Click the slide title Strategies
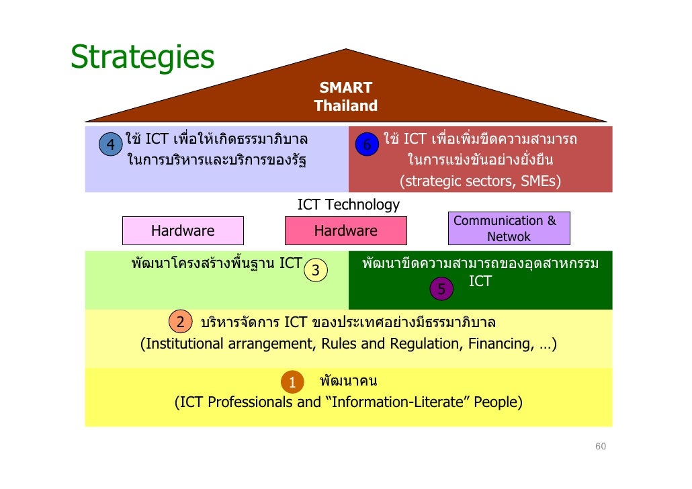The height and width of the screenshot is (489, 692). tap(142, 59)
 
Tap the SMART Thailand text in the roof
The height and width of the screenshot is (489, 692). tap(345, 97)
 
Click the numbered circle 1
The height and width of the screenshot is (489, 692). tap(292, 382)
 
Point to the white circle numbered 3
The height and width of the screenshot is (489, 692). tap(316, 271)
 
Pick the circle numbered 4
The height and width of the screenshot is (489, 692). tap(110, 144)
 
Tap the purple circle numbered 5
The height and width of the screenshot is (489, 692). tap(441, 289)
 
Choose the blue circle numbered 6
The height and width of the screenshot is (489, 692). tap(366, 145)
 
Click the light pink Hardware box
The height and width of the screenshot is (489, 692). tap(183, 231)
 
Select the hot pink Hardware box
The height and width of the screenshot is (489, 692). tap(346, 231)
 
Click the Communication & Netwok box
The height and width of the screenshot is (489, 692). tap(509, 229)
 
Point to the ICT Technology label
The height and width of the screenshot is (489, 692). tap(348, 205)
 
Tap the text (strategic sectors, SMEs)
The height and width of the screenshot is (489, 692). tap(480, 181)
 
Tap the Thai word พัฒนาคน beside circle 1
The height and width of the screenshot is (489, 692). tap(348, 382)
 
